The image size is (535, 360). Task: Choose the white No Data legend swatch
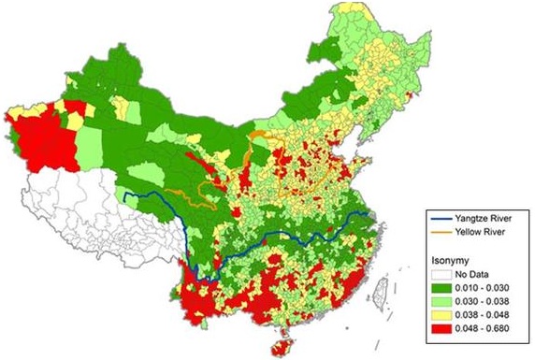439,275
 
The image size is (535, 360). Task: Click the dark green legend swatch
439,288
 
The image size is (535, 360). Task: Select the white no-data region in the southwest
75,215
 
